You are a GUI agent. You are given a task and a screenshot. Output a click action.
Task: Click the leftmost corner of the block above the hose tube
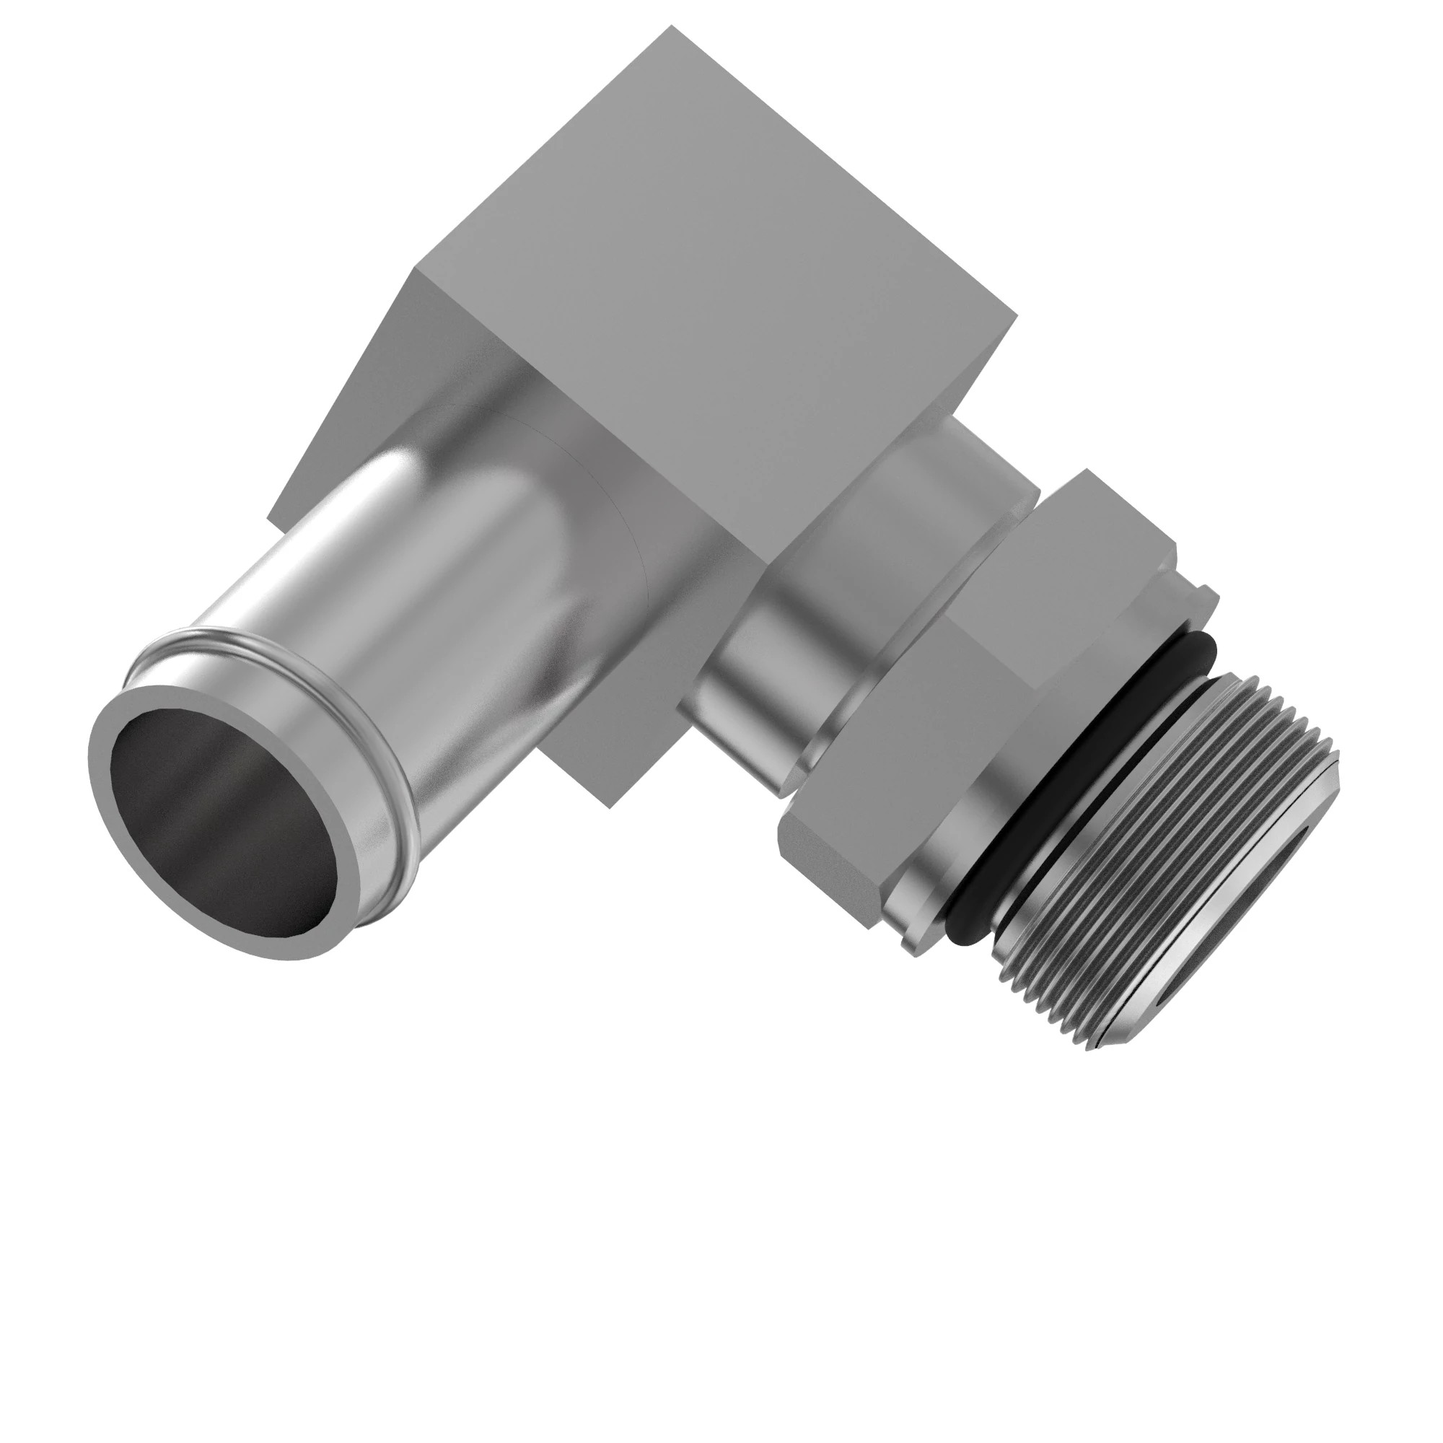click(x=269, y=515)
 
